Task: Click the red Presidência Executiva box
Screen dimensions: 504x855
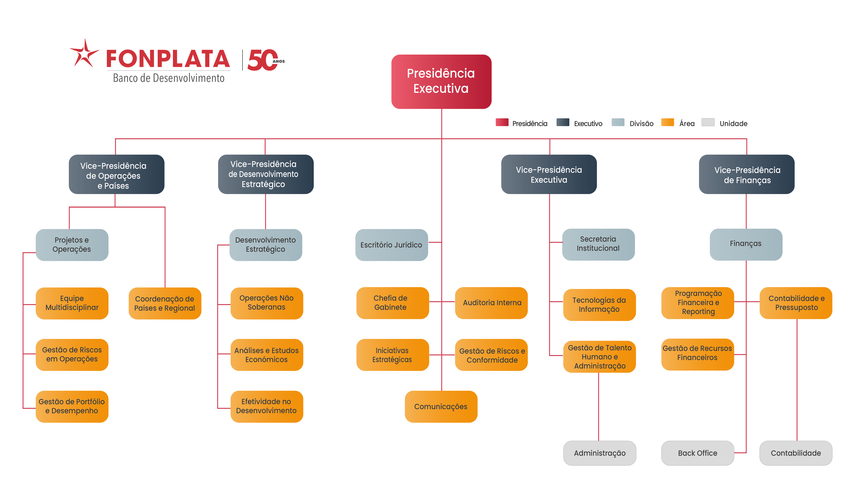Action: point(441,81)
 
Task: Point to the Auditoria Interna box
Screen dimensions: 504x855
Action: point(491,303)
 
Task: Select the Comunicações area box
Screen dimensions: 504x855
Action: point(441,407)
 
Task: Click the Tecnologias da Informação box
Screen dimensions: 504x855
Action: point(599,305)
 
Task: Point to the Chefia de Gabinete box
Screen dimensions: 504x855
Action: point(392,303)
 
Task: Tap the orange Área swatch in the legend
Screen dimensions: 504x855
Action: point(667,122)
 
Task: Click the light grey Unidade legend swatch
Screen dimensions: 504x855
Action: point(708,122)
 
